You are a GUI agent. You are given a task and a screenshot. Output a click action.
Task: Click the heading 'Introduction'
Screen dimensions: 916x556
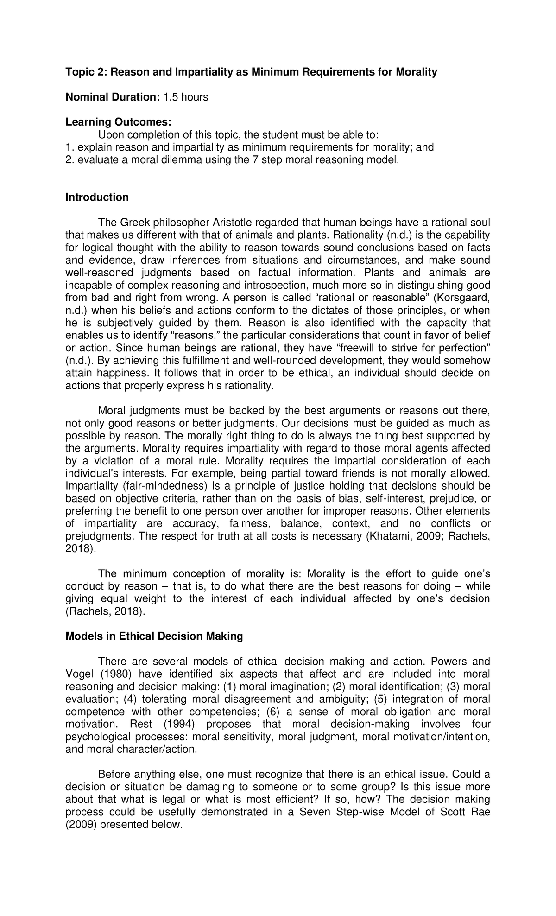(97, 197)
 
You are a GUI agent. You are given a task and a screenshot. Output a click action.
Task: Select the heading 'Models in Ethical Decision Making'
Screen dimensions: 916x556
(154, 636)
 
